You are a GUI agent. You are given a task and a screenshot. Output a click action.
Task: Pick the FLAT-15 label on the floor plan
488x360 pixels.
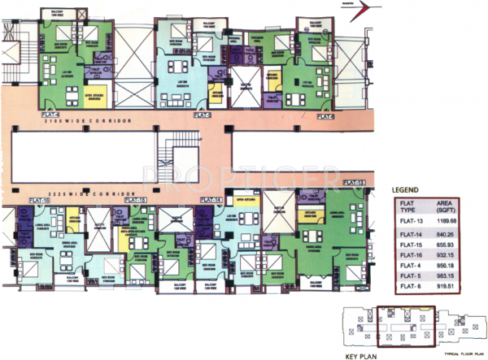click(x=136, y=201)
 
